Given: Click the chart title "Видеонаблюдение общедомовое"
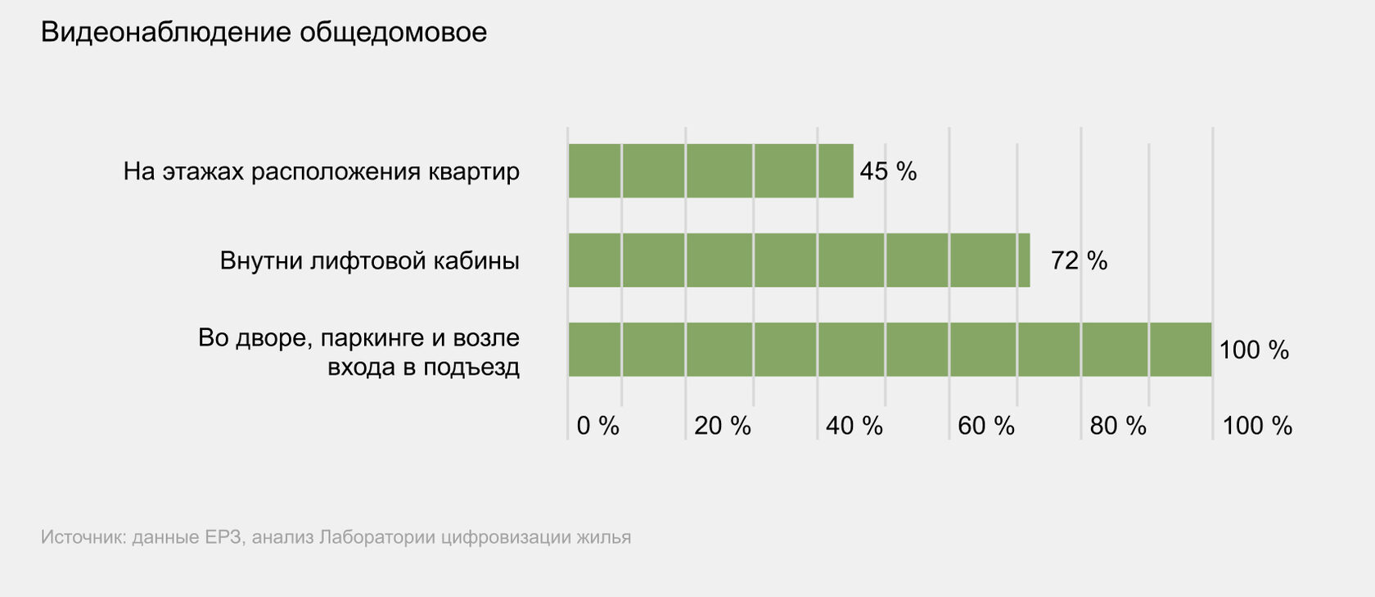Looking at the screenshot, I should tap(264, 33).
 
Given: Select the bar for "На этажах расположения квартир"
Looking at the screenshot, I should tap(710, 171).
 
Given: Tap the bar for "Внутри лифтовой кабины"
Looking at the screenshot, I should tap(799, 260).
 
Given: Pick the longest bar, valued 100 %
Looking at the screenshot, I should tap(890, 350).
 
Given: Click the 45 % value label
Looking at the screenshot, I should tap(888, 171).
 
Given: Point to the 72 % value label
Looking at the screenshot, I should tap(1079, 261).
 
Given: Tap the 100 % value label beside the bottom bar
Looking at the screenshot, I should tap(1254, 351).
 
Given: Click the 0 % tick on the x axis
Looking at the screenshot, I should tap(597, 426).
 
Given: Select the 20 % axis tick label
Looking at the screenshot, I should tap(722, 426).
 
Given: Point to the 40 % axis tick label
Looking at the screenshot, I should tap(854, 426).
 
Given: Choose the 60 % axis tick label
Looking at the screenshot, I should tap(985, 426).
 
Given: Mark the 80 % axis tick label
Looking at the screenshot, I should tap(1117, 426).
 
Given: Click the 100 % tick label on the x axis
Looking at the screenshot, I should tap(1256, 426).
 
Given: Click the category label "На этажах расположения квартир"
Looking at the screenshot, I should tap(322, 172).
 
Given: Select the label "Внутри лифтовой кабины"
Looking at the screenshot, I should tap(370, 261).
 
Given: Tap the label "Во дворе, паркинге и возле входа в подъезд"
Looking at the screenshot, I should tap(359, 352).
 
